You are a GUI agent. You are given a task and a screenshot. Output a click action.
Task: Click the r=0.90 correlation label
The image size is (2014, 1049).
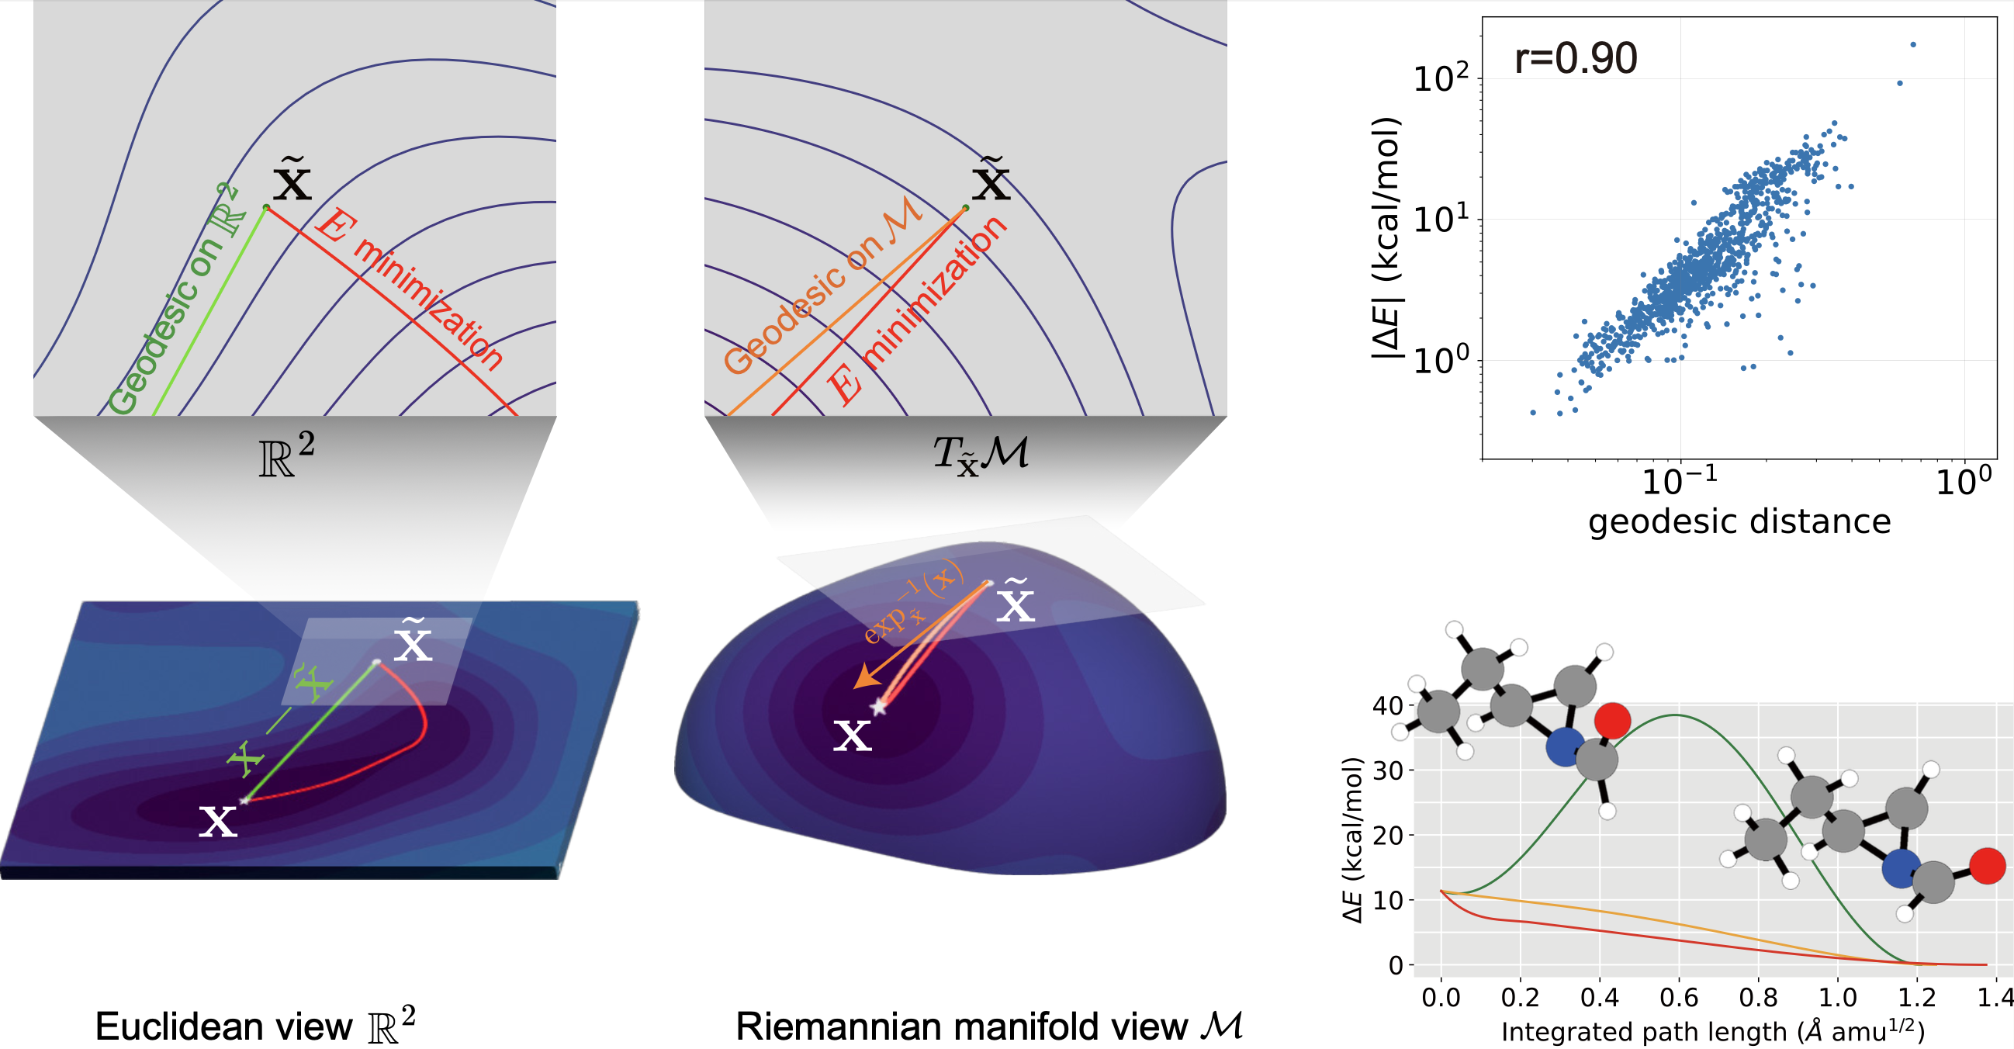(1575, 59)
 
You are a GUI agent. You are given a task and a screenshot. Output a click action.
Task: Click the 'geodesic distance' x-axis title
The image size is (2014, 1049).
(1739, 521)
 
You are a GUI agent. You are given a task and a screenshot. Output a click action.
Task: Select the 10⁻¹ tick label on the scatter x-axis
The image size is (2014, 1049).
(1679, 481)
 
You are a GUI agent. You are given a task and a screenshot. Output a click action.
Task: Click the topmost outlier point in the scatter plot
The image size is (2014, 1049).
(1913, 44)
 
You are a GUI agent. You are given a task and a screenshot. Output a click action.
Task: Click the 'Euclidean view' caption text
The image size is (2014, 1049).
(223, 1026)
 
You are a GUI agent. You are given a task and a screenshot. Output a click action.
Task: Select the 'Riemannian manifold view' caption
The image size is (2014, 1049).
(962, 1026)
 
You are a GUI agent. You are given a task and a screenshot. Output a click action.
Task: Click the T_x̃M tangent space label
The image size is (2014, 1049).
(981, 454)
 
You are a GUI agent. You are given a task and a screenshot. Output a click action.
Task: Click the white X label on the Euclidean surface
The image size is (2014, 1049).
(217, 822)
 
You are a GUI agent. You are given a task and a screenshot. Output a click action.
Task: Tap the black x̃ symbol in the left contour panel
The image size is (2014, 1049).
(292, 182)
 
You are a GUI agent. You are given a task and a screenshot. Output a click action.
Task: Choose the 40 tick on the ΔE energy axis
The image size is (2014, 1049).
(1388, 706)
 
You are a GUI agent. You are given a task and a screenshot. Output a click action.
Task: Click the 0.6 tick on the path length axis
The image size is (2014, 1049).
(1679, 998)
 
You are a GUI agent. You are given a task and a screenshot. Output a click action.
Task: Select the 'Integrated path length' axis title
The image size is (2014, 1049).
(1712, 1031)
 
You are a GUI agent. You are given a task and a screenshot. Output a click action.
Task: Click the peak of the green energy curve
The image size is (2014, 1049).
(1675, 715)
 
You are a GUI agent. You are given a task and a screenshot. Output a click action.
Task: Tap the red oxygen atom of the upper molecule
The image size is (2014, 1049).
(1612, 720)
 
